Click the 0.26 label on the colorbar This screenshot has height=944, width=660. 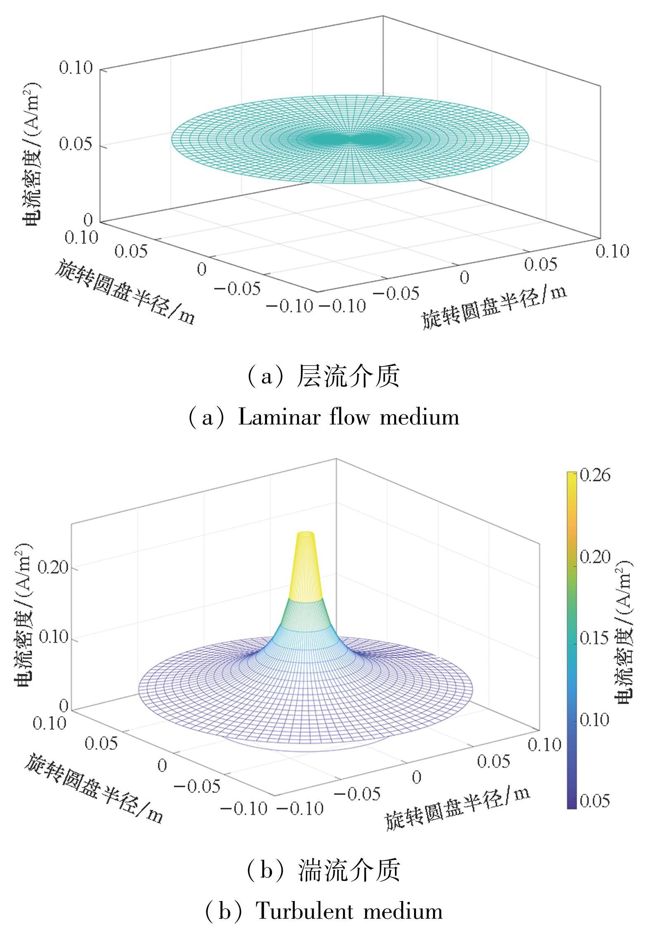[595, 475]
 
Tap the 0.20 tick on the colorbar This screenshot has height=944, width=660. [595, 557]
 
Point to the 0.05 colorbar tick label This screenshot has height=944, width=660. [595, 801]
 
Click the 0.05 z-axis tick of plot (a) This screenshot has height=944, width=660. [76, 145]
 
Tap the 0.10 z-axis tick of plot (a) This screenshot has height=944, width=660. [76, 67]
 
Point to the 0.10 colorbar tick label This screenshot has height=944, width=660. [595, 720]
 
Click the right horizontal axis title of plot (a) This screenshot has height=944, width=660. [494, 308]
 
